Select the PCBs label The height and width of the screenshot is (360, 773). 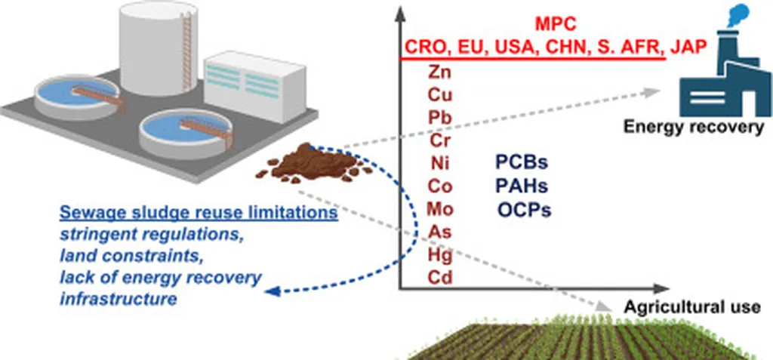tap(522, 163)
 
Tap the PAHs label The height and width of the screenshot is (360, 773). tap(522, 186)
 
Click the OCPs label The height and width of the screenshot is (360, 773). tap(524, 209)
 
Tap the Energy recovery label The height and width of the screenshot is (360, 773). tap(693, 127)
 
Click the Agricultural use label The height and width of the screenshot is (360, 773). tap(691, 308)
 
